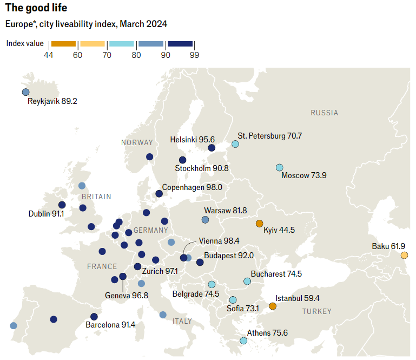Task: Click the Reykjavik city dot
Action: [x=25, y=92]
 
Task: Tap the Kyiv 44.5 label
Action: [x=279, y=231]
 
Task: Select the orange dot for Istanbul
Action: [x=273, y=306]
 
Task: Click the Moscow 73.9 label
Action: [x=304, y=175]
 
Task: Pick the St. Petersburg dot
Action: [x=235, y=144]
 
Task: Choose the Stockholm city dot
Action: [x=183, y=160]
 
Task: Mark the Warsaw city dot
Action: [x=205, y=219]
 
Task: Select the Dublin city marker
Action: [x=62, y=205]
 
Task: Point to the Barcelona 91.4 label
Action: [x=110, y=325]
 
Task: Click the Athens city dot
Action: [x=243, y=341]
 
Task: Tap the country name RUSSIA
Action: [x=324, y=113]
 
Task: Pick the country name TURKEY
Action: [x=316, y=311]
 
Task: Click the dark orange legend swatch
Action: [x=63, y=43]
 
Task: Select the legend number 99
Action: [x=194, y=54]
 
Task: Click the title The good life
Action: [x=37, y=9]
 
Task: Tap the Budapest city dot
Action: [x=200, y=263]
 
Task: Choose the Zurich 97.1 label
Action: [x=161, y=271]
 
